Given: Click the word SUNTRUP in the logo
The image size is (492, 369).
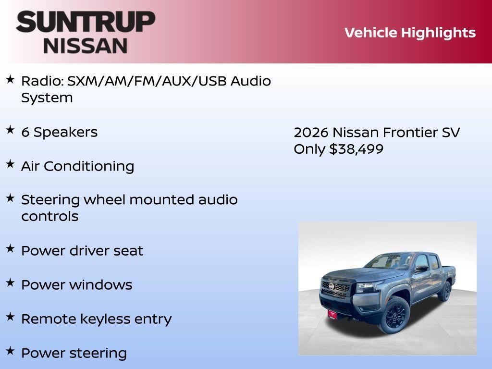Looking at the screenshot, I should click(86, 22).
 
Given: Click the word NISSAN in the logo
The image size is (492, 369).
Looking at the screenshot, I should click(86, 45).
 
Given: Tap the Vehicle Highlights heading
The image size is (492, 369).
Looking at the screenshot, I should click(410, 33).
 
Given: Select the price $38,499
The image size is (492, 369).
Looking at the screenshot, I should click(356, 149).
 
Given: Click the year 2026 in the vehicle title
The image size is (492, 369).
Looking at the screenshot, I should click(310, 132).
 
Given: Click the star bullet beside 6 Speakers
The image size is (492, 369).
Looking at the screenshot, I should click(10, 130).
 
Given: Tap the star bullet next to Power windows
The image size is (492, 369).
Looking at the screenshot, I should click(10, 283).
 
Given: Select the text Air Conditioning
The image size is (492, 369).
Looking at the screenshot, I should click(77, 166).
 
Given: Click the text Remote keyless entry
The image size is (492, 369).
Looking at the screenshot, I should click(96, 319).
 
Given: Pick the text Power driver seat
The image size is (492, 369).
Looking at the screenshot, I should click(82, 251).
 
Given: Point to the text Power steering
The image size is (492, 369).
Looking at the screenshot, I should click(74, 353).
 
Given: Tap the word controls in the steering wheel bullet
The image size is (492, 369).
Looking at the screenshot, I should click(49, 216).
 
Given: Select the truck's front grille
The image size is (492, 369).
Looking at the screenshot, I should click(335, 289).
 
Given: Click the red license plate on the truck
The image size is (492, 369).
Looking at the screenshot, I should click(332, 314).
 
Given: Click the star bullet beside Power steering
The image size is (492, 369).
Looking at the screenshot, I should click(10, 351).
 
